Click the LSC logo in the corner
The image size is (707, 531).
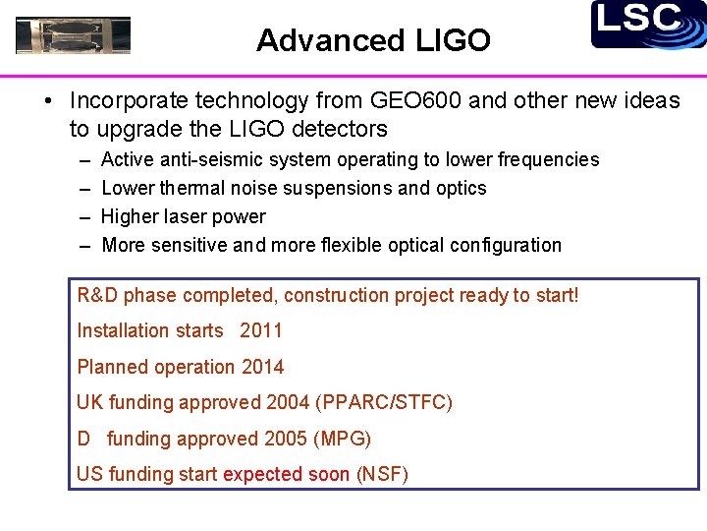click(648, 24)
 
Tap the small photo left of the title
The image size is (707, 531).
click(74, 35)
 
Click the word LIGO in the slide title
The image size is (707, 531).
click(453, 40)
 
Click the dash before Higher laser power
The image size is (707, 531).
click(82, 216)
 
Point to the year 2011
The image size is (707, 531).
click(261, 330)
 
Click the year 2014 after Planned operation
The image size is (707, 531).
click(263, 367)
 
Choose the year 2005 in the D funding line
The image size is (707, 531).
click(286, 439)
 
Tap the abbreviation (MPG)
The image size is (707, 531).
click(342, 439)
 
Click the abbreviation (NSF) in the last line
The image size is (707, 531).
click(382, 474)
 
